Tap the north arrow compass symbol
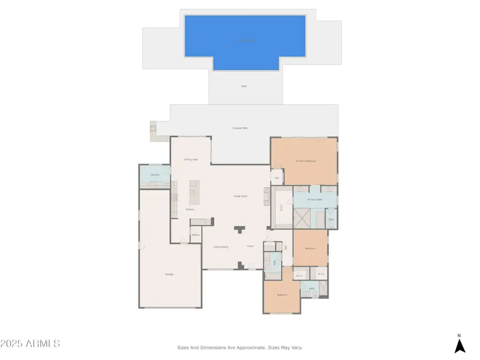tap(460, 345)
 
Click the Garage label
tap(169, 274)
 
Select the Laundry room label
tap(155, 174)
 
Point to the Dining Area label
tap(191, 159)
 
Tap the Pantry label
tap(196, 235)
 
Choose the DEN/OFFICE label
tap(221, 247)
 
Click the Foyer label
tap(250, 246)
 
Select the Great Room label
tap(241, 196)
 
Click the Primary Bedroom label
tap(306, 161)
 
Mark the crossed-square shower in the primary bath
tap(302, 219)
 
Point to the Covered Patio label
tap(240, 128)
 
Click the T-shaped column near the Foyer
tap(240, 229)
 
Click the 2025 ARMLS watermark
tap(30, 343)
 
